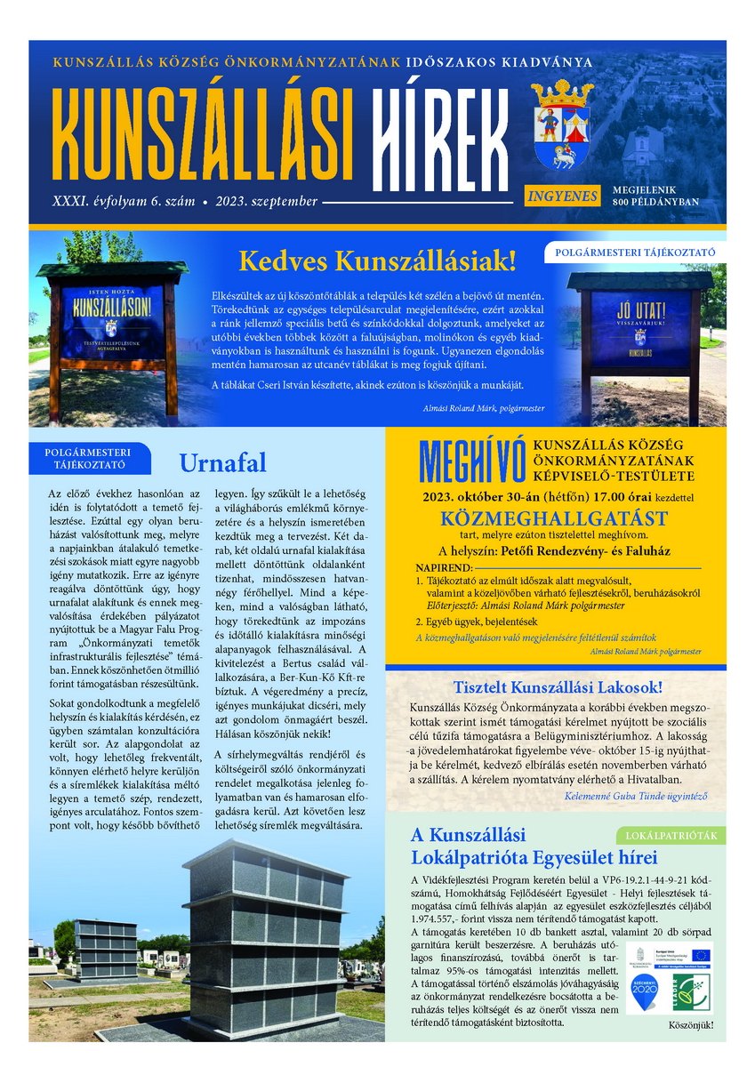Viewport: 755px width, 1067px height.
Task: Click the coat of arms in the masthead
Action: (x=560, y=124)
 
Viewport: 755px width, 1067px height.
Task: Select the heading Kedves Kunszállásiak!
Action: (x=377, y=261)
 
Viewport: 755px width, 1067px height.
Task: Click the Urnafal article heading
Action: (x=222, y=462)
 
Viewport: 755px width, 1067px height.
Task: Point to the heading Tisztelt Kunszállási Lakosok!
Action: (x=558, y=686)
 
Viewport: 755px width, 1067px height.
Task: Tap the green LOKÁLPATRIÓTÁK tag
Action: (x=670, y=835)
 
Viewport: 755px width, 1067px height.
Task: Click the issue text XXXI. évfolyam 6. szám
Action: (x=124, y=202)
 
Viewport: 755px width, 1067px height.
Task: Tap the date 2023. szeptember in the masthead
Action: (x=266, y=202)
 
